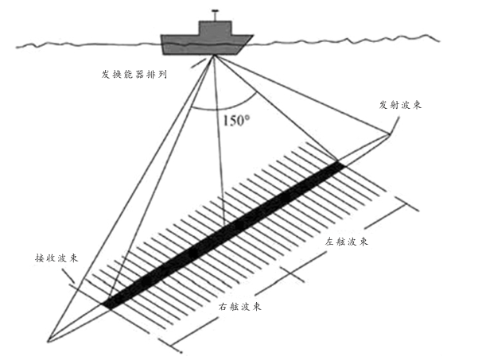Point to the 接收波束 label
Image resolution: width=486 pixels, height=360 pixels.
[58, 259]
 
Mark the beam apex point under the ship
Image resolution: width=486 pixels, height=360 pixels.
[213, 56]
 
